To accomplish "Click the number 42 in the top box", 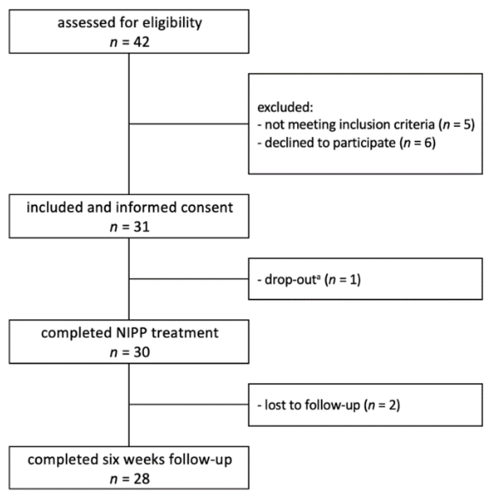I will pos(142,42).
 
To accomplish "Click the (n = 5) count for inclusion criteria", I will pos(456,125).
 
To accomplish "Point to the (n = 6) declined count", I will pos(418,143).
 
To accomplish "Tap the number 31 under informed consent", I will pos(142,227).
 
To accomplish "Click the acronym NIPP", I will pos(132,333).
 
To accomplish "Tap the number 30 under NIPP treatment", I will pos(142,352).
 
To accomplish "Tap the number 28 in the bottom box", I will pos(142,479).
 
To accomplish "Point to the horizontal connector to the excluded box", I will pos(189,124).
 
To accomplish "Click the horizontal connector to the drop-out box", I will pos(189,279).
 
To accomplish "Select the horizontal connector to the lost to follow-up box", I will pos(189,405).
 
